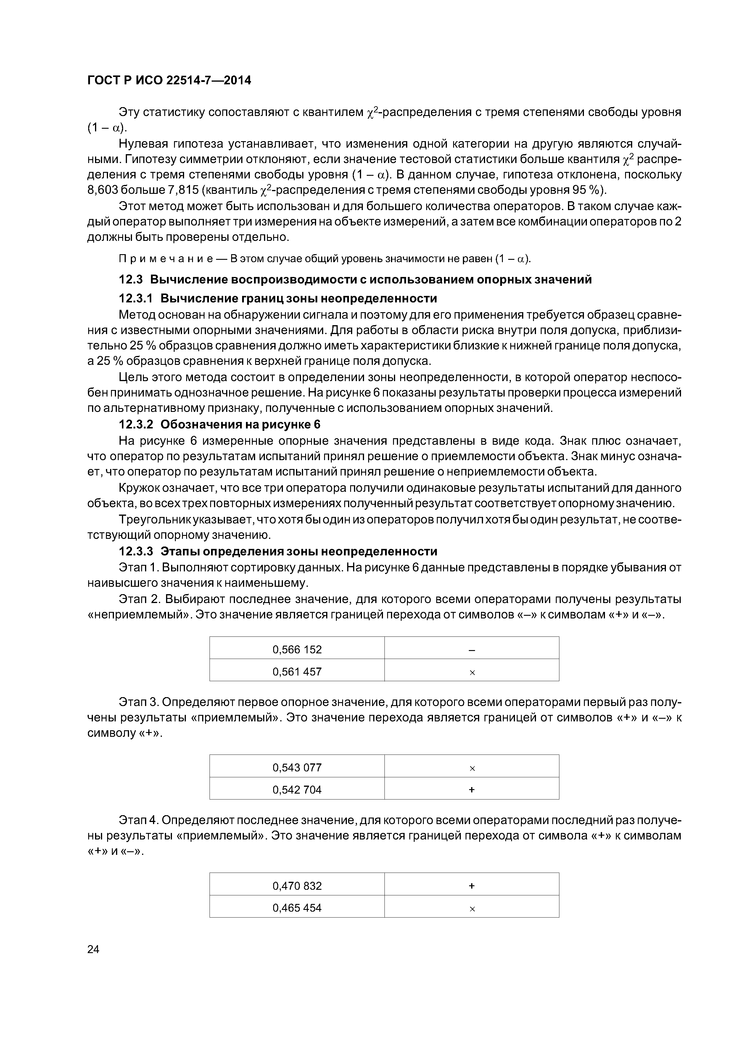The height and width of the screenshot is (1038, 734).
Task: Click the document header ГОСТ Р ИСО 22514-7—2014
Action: pyautogui.click(x=169, y=80)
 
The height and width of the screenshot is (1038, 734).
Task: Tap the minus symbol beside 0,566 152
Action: pyautogui.click(x=472, y=650)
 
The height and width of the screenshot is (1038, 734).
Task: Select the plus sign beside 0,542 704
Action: pyautogui.click(x=472, y=790)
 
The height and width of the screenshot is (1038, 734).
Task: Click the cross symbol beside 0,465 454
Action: pyautogui.click(x=472, y=909)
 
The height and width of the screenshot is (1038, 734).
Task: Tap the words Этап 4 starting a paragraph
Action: pyautogui.click(x=138, y=820)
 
